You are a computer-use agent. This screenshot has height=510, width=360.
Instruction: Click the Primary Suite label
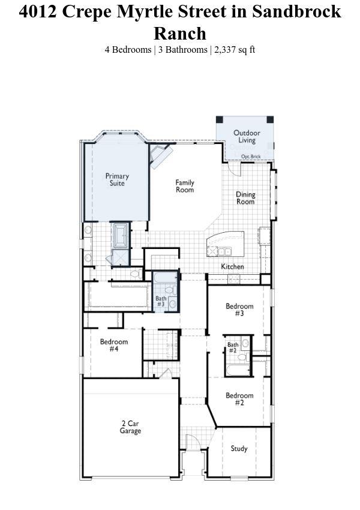pos(117,179)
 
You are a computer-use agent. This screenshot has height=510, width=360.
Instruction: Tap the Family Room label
pos(185,186)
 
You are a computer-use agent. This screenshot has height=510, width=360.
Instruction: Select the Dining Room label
pos(245,198)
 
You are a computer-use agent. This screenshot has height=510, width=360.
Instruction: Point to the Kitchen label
pos(233,266)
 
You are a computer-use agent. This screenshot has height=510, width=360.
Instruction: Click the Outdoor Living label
pos(247,136)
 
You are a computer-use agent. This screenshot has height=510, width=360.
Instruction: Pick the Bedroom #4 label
pos(114,345)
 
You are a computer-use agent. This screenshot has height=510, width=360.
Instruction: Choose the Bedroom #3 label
pos(239,310)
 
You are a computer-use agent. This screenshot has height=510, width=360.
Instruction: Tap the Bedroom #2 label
pos(239,399)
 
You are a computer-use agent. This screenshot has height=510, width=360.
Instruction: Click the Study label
pos(239,449)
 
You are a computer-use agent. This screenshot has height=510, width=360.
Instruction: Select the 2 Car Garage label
pos(130,427)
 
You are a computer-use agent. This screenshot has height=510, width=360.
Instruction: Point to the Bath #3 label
pos(161,301)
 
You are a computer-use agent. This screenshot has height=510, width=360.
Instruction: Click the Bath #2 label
pos(233,347)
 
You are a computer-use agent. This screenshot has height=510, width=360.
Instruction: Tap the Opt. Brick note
pos(251,157)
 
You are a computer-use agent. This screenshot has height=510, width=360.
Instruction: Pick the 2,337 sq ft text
pos(235,50)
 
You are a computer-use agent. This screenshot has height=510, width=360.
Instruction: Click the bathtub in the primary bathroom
pos(121,234)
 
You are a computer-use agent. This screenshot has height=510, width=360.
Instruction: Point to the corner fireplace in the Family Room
pos(161,155)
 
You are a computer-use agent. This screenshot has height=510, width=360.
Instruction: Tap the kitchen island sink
pos(224,251)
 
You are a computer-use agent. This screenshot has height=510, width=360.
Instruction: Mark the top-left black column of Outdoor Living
pos(220,119)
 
